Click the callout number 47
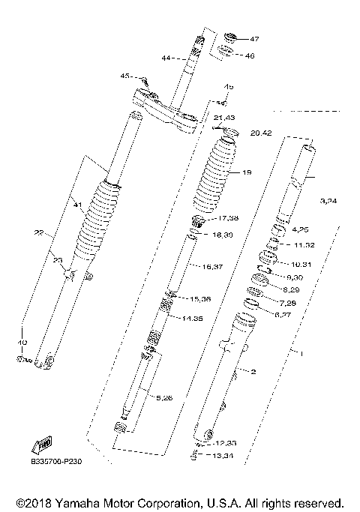pyautogui.click(x=253, y=39)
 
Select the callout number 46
pyautogui.click(x=250, y=55)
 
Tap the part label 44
pyautogui.click(x=165, y=57)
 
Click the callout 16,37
pyautogui.click(x=213, y=267)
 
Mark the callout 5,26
pyautogui.click(x=163, y=397)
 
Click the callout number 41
pyautogui.click(x=76, y=203)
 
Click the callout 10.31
pyautogui.click(x=298, y=264)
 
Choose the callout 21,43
pyautogui.click(x=224, y=118)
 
